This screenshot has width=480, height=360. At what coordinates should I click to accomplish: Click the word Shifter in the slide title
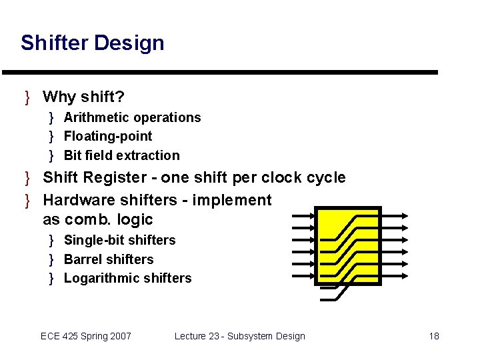click(55, 43)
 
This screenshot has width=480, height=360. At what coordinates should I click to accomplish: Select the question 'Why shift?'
click(83, 97)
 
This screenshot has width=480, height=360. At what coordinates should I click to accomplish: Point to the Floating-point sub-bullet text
click(108, 137)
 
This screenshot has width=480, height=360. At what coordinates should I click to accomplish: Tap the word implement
click(232, 200)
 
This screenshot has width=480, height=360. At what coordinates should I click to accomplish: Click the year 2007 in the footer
click(119, 336)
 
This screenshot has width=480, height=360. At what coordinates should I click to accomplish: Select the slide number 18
click(434, 336)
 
